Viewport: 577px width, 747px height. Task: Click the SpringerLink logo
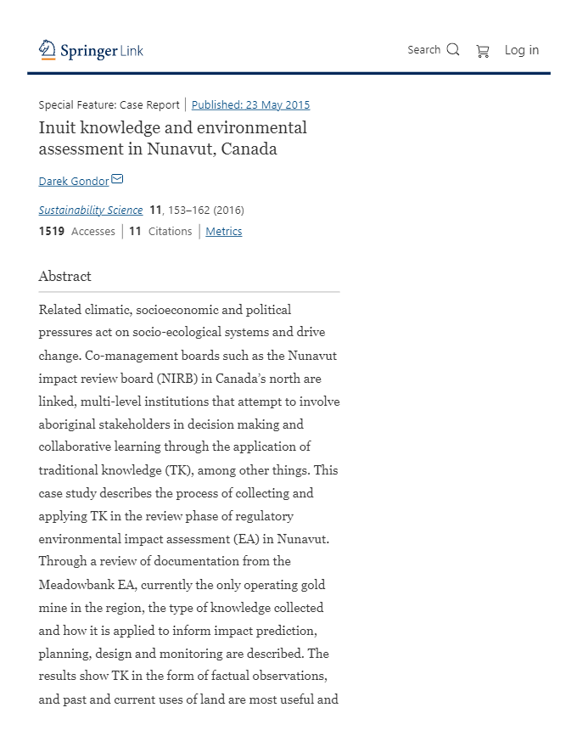(91, 50)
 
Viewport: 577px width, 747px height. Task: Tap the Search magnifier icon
(453, 49)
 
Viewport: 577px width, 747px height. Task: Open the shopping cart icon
(483, 51)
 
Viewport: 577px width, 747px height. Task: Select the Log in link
(521, 50)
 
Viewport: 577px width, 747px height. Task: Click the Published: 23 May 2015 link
(250, 105)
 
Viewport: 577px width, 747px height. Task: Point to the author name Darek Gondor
(74, 181)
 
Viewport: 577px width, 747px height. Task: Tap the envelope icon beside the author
(118, 179)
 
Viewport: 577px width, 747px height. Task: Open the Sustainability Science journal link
(91, 210)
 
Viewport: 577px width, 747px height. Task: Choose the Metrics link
(224, 231)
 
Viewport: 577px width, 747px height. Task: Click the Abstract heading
(64, 276)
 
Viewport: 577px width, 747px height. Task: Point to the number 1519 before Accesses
(52, 231)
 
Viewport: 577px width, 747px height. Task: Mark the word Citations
(171, 231)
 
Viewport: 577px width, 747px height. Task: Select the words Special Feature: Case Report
(109, 105)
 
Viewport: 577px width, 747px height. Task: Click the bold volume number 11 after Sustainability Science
(155, 210)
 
